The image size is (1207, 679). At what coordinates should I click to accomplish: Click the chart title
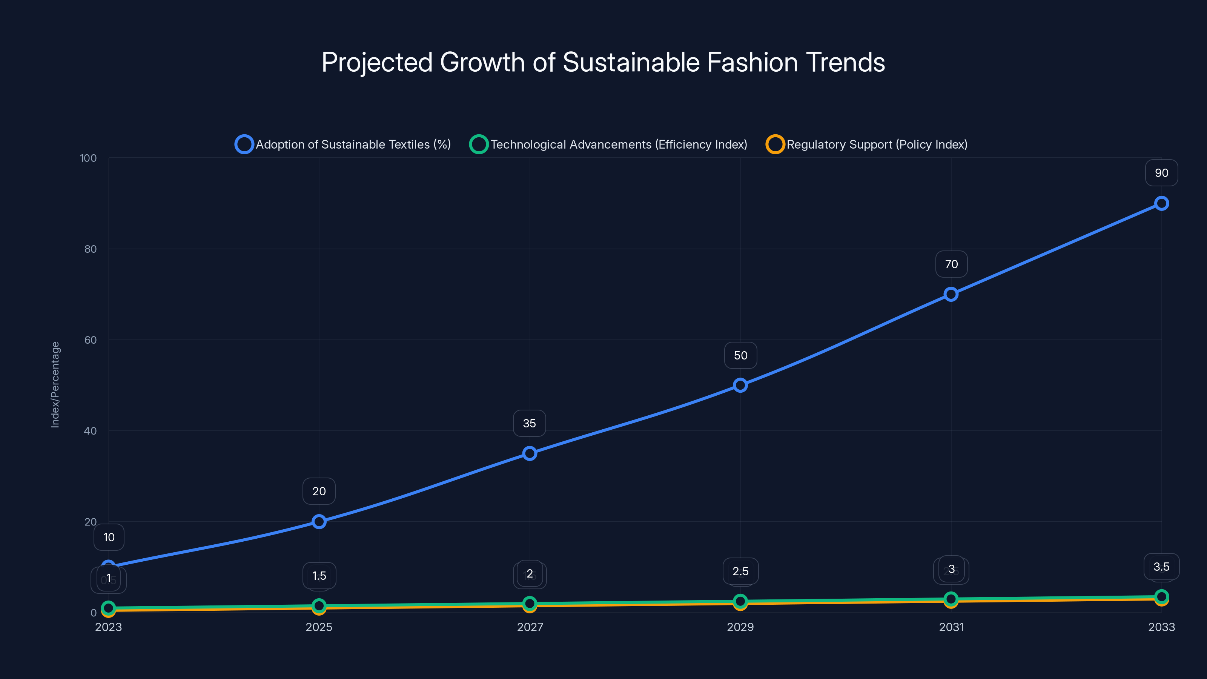coord(603,62)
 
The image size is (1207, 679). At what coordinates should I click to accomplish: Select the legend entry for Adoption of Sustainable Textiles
coord(342,144)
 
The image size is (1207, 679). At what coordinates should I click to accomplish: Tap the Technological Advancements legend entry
coord(608,144)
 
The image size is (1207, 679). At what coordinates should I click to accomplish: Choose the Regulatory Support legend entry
coord(866,144)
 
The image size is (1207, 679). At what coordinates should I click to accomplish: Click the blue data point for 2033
coord(1161,203)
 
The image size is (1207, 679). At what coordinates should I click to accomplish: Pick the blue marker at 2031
coord(951,294)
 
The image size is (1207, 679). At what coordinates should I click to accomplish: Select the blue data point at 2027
coord(530,453)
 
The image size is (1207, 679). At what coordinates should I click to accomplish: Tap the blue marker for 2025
coord(319,522)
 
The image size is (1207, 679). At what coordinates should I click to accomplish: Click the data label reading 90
coord(1161,173)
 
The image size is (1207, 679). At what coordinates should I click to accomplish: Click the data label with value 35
coord(530,424)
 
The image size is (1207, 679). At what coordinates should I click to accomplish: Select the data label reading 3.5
coord(1161,567)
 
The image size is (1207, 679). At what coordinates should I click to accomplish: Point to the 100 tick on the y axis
coord(88,158)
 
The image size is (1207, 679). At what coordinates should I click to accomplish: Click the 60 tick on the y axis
coord(91,340)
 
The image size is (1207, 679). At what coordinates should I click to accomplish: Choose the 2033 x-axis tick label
coord(1161,627)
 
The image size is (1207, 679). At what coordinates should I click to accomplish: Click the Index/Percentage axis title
coord(55,385)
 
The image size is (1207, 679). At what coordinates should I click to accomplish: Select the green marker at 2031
coord(951,598)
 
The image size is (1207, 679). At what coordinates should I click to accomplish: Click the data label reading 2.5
coord(740,571)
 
